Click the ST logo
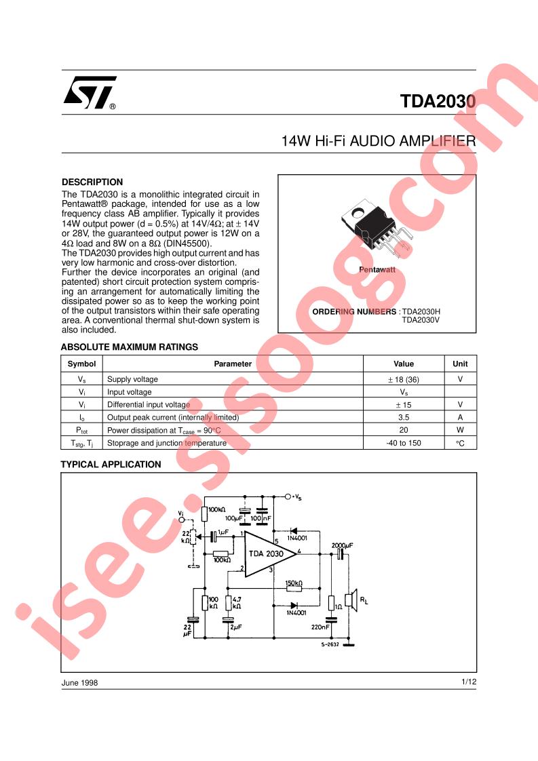tap(90, 92)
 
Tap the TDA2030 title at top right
tap(438, 101)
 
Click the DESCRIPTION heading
tap(92, 182)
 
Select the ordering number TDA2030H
tap(421, 311)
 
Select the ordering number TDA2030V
tap(421, 320)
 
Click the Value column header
tap(404, 364)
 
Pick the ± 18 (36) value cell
tap(404, 380)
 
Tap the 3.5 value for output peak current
tap(404, 417)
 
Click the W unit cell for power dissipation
tap(460, 430)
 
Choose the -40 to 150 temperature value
tap(404, 443)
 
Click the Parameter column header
tap(233, 364)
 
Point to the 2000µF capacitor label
tap(343, 545)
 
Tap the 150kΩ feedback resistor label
tap(294, 583)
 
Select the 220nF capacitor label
tap(320, 627)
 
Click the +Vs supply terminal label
tap(296, 497)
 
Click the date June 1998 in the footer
tap(79, 682)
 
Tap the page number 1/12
tap(469, 682)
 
